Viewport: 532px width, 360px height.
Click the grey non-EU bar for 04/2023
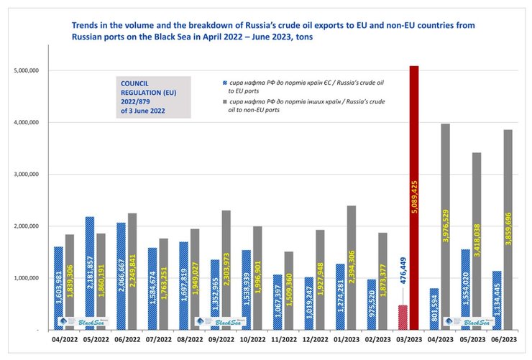(445, 216)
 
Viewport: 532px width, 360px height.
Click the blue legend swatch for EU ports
(226, 84)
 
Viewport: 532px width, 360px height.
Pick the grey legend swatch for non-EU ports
(226, 101)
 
